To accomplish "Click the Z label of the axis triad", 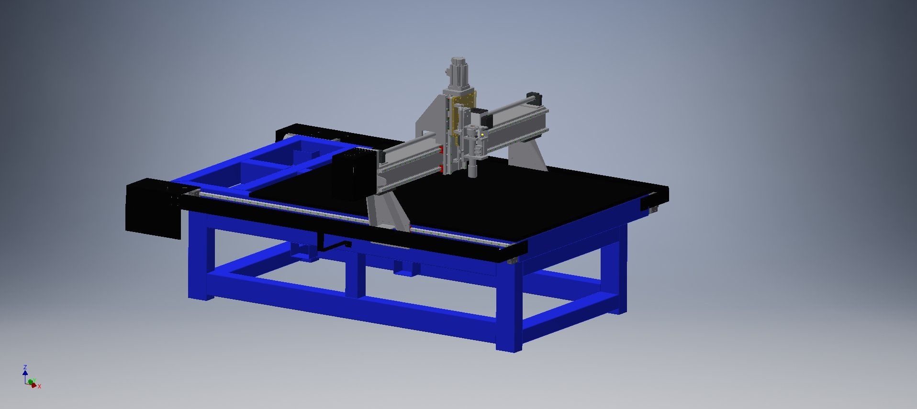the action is tap(25, 367).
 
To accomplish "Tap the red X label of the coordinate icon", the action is tap(39, 386).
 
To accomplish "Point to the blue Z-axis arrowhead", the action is tap(25, 372).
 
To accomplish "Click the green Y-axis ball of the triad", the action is tap(31, 382).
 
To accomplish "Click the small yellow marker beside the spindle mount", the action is tap(483, 135).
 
